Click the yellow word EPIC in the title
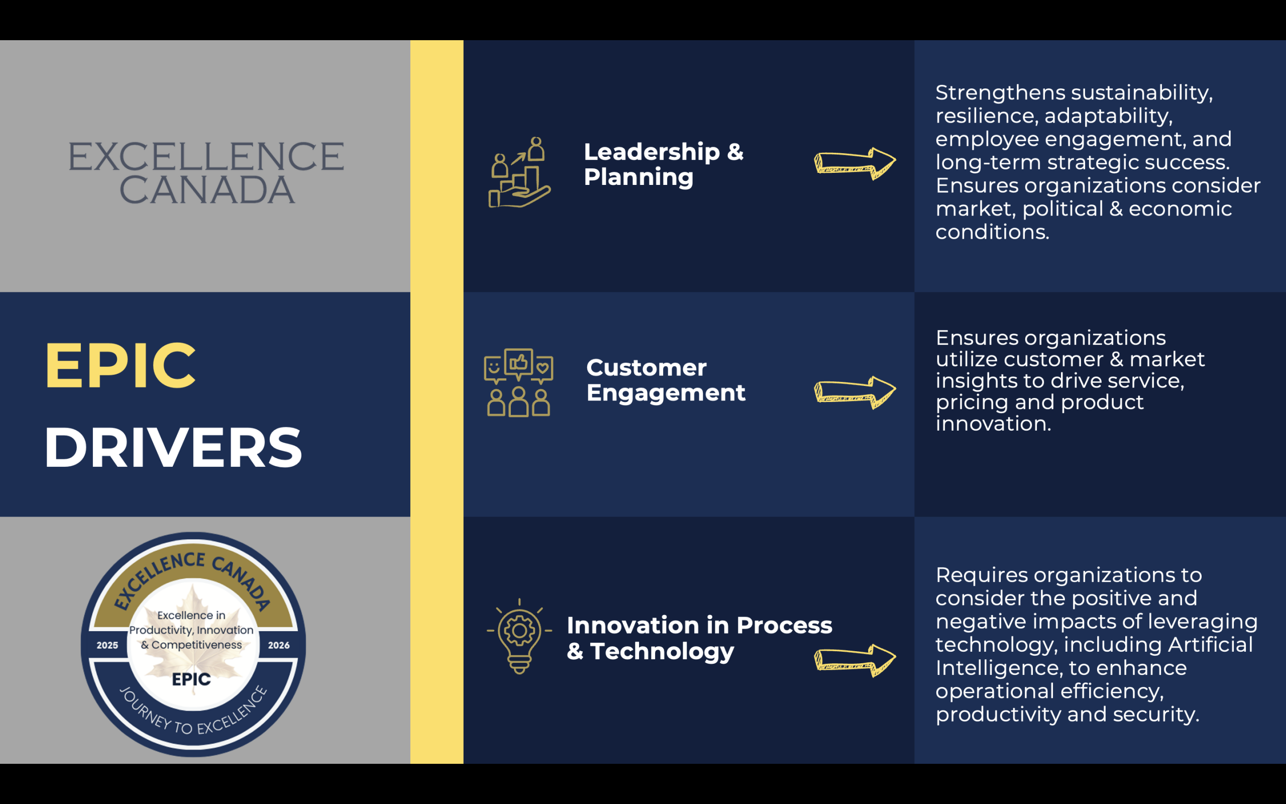point(121,365)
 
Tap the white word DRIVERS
point(173,448)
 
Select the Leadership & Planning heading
point(664,164)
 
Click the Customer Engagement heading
point(666,380)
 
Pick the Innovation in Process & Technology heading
point(699,638)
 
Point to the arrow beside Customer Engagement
point(855,392)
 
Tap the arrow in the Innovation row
point(855,660)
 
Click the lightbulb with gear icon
point(519,637)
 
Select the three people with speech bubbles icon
point(518,383)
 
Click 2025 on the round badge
point(108,645)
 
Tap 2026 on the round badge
point(278,645)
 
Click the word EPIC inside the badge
point(191,679)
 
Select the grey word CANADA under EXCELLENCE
point(207,190)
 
